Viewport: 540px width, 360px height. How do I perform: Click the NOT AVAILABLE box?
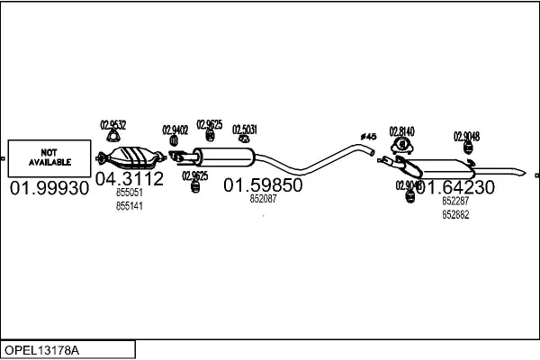(49, 157)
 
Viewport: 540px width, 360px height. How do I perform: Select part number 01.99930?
(49, 188)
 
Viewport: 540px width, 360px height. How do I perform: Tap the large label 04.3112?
(130, 178)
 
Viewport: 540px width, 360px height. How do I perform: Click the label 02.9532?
(112, 125)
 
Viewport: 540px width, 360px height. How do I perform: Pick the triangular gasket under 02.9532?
(112, 137)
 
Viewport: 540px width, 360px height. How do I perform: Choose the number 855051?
(130, 193)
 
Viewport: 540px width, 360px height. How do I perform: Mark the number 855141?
(130, 206)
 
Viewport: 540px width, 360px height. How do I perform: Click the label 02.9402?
(175, 130)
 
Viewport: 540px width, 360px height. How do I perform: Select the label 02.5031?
(245, 129)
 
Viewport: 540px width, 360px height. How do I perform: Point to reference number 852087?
(263, 200)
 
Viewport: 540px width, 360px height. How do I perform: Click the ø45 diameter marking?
(367, 136)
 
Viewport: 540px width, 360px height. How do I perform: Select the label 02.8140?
(401, 130)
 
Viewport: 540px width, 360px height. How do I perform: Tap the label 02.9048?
(466, 136)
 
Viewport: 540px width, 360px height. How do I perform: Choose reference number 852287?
(455, 202)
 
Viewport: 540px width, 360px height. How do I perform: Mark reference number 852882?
(455, 214)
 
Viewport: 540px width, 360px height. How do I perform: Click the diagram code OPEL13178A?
(42, 349)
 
